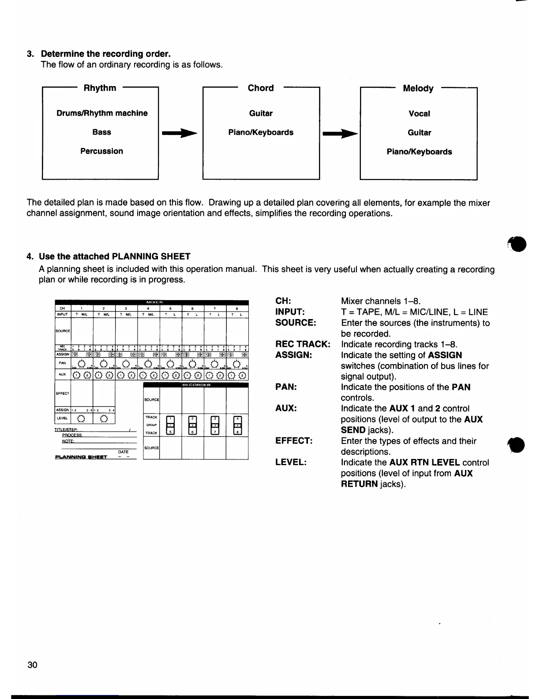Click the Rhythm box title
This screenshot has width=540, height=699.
[100, 88]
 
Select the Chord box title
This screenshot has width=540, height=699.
[261, 88]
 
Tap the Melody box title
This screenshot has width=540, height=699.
[418, 88]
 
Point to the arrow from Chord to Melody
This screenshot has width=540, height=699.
[340, 132]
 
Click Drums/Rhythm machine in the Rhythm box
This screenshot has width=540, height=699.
[102, 113]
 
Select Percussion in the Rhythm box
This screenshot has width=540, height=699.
[101, 151]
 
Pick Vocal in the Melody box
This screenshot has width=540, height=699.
[419, 113]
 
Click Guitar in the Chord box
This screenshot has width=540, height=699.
[261, 113]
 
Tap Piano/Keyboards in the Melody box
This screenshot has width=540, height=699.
[419, 152]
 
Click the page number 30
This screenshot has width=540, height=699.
[32, 665]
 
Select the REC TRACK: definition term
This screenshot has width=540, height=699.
[303, 344]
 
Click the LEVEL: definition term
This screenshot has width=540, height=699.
[291, 462]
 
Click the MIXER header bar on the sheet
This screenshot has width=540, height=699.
[152, 302]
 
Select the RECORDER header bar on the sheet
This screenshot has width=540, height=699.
[196, 385]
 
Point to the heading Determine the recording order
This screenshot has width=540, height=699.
[105, 54]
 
